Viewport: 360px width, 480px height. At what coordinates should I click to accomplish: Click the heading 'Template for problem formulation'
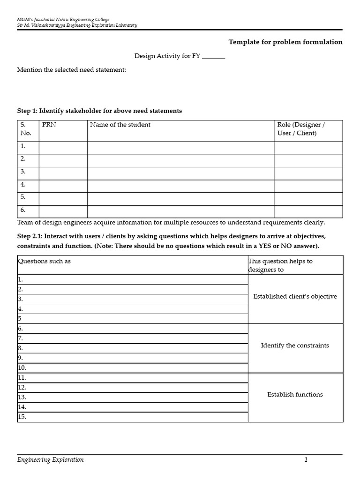[x=285, y=42]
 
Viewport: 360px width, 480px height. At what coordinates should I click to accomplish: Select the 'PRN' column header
[x=49, y=125]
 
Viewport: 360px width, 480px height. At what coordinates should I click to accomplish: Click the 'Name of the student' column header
[x=120, y=125]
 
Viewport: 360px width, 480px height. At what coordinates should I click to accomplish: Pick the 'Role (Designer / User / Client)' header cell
[x=301, y=129]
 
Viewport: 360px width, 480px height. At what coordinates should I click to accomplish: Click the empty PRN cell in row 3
[x=63, y=173]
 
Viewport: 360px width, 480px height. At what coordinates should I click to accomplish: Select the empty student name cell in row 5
[x=180, y=199]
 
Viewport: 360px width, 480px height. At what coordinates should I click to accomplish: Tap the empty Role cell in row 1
[x=308, y=148]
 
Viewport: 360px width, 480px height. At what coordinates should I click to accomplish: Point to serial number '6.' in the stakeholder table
[x=23, y=210]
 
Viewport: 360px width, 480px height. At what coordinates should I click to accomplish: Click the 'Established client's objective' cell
[x=295, y=297]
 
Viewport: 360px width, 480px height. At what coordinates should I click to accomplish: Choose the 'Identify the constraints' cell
[x=295, y=345]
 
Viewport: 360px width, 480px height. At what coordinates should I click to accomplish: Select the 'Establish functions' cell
[x=295, y=395]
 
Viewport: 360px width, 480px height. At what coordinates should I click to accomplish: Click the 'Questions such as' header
[x=45, y=261]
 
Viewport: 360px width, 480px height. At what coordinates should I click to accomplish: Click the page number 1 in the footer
[x=306, y=460]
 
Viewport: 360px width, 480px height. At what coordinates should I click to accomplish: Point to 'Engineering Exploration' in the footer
[x=51, y=460]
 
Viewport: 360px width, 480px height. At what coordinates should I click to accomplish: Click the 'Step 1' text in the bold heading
[x=27, y=111]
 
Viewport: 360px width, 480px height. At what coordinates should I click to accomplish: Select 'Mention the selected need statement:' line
[x=72, y=70]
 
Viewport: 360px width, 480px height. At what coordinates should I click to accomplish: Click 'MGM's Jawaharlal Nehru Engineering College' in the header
[x=63, y=19]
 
